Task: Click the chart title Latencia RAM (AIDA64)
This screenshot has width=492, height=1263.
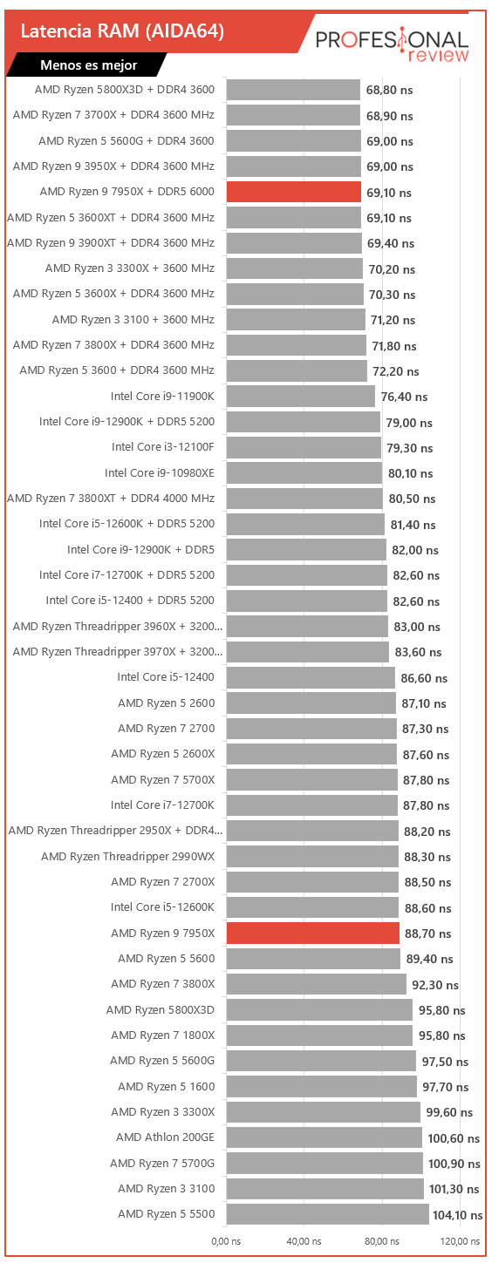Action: click(x=122, y=31)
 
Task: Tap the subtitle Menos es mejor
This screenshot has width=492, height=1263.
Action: click(x=89, y=65)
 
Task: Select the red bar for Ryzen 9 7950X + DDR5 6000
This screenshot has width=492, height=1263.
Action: click(x=293, y=192)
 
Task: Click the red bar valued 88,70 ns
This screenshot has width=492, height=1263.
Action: click(x=312, y=934)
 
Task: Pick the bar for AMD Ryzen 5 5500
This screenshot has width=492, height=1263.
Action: click(x=328, y=1214)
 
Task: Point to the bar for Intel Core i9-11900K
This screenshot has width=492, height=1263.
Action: click(x=301, y=396)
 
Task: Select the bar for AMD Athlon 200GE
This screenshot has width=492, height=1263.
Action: click(x=325, y=1137)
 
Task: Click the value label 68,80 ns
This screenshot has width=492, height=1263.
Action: click(x=389, y=91)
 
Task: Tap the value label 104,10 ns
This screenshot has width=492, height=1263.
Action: click(x=458, y=1215)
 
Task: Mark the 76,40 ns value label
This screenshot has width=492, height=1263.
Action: click(x=404, y=397)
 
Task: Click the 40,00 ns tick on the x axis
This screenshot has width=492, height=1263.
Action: click(x=304, y=1241)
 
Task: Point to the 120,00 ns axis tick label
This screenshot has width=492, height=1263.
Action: click(x=461, y=1241)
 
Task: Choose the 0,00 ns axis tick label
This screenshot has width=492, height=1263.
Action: click(x=226, y=1241)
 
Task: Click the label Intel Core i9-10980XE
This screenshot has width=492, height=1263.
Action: click(x=160, y=472)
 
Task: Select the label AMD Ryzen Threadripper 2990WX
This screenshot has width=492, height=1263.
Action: click(x=128, y=857)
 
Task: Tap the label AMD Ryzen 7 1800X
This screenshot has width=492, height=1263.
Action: click(x=163, y=1036)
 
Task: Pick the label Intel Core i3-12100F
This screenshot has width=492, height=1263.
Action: click(x=163, y=447)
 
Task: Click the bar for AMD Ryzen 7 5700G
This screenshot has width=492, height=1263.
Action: click(x=325, y=1163)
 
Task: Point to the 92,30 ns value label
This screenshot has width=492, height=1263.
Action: click(x=435, y=985)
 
